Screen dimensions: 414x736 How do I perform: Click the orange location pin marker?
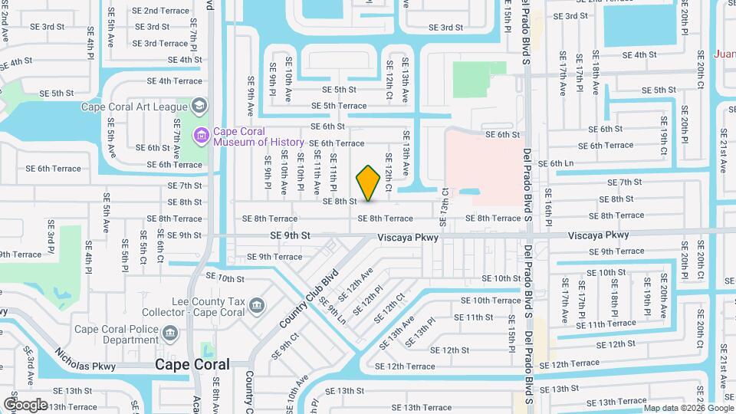click(x=369, y=182)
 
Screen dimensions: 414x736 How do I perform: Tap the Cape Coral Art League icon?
click(x=199, y=106)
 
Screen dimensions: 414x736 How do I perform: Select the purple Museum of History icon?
click(x=202, y=136)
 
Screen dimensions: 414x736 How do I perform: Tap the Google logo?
click(x=25, y=404)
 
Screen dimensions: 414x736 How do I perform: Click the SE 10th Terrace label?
click(x=491, y=301)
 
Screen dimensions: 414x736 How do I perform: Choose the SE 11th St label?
click(x=473, y=317)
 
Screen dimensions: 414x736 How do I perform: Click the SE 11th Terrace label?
click(x=606, y=324)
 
